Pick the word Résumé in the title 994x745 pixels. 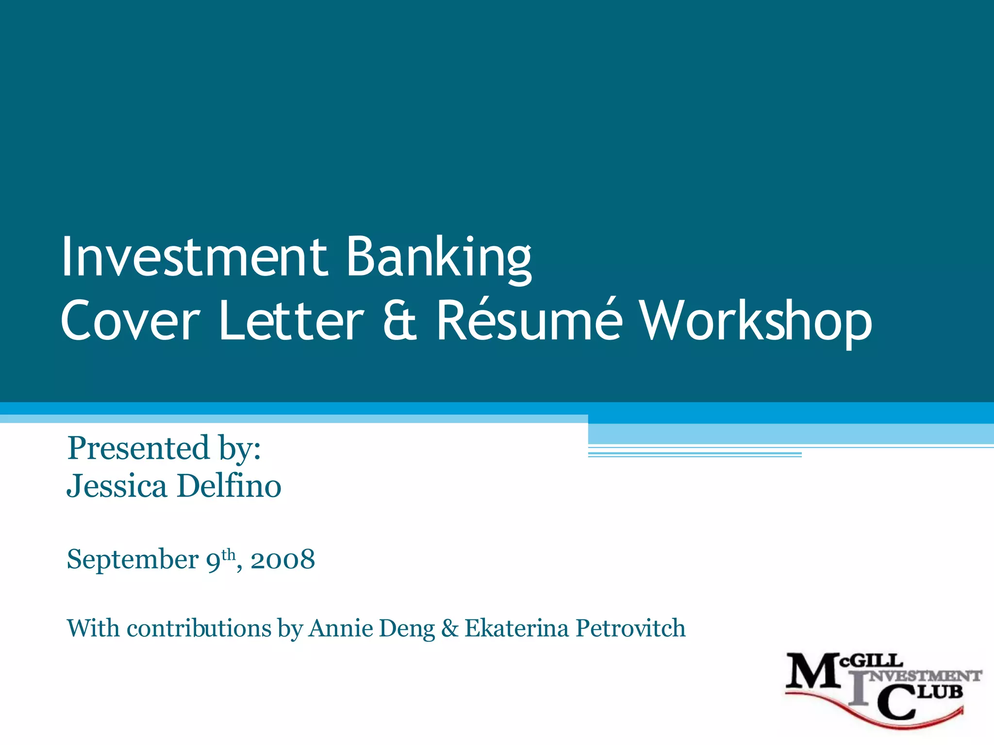(x=529, y=320)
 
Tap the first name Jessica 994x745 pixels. (x=116, y=486)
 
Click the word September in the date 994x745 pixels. (x=133, y=560)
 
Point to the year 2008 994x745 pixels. (x=283, y=560)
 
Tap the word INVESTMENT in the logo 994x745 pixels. (x=925, y=676)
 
